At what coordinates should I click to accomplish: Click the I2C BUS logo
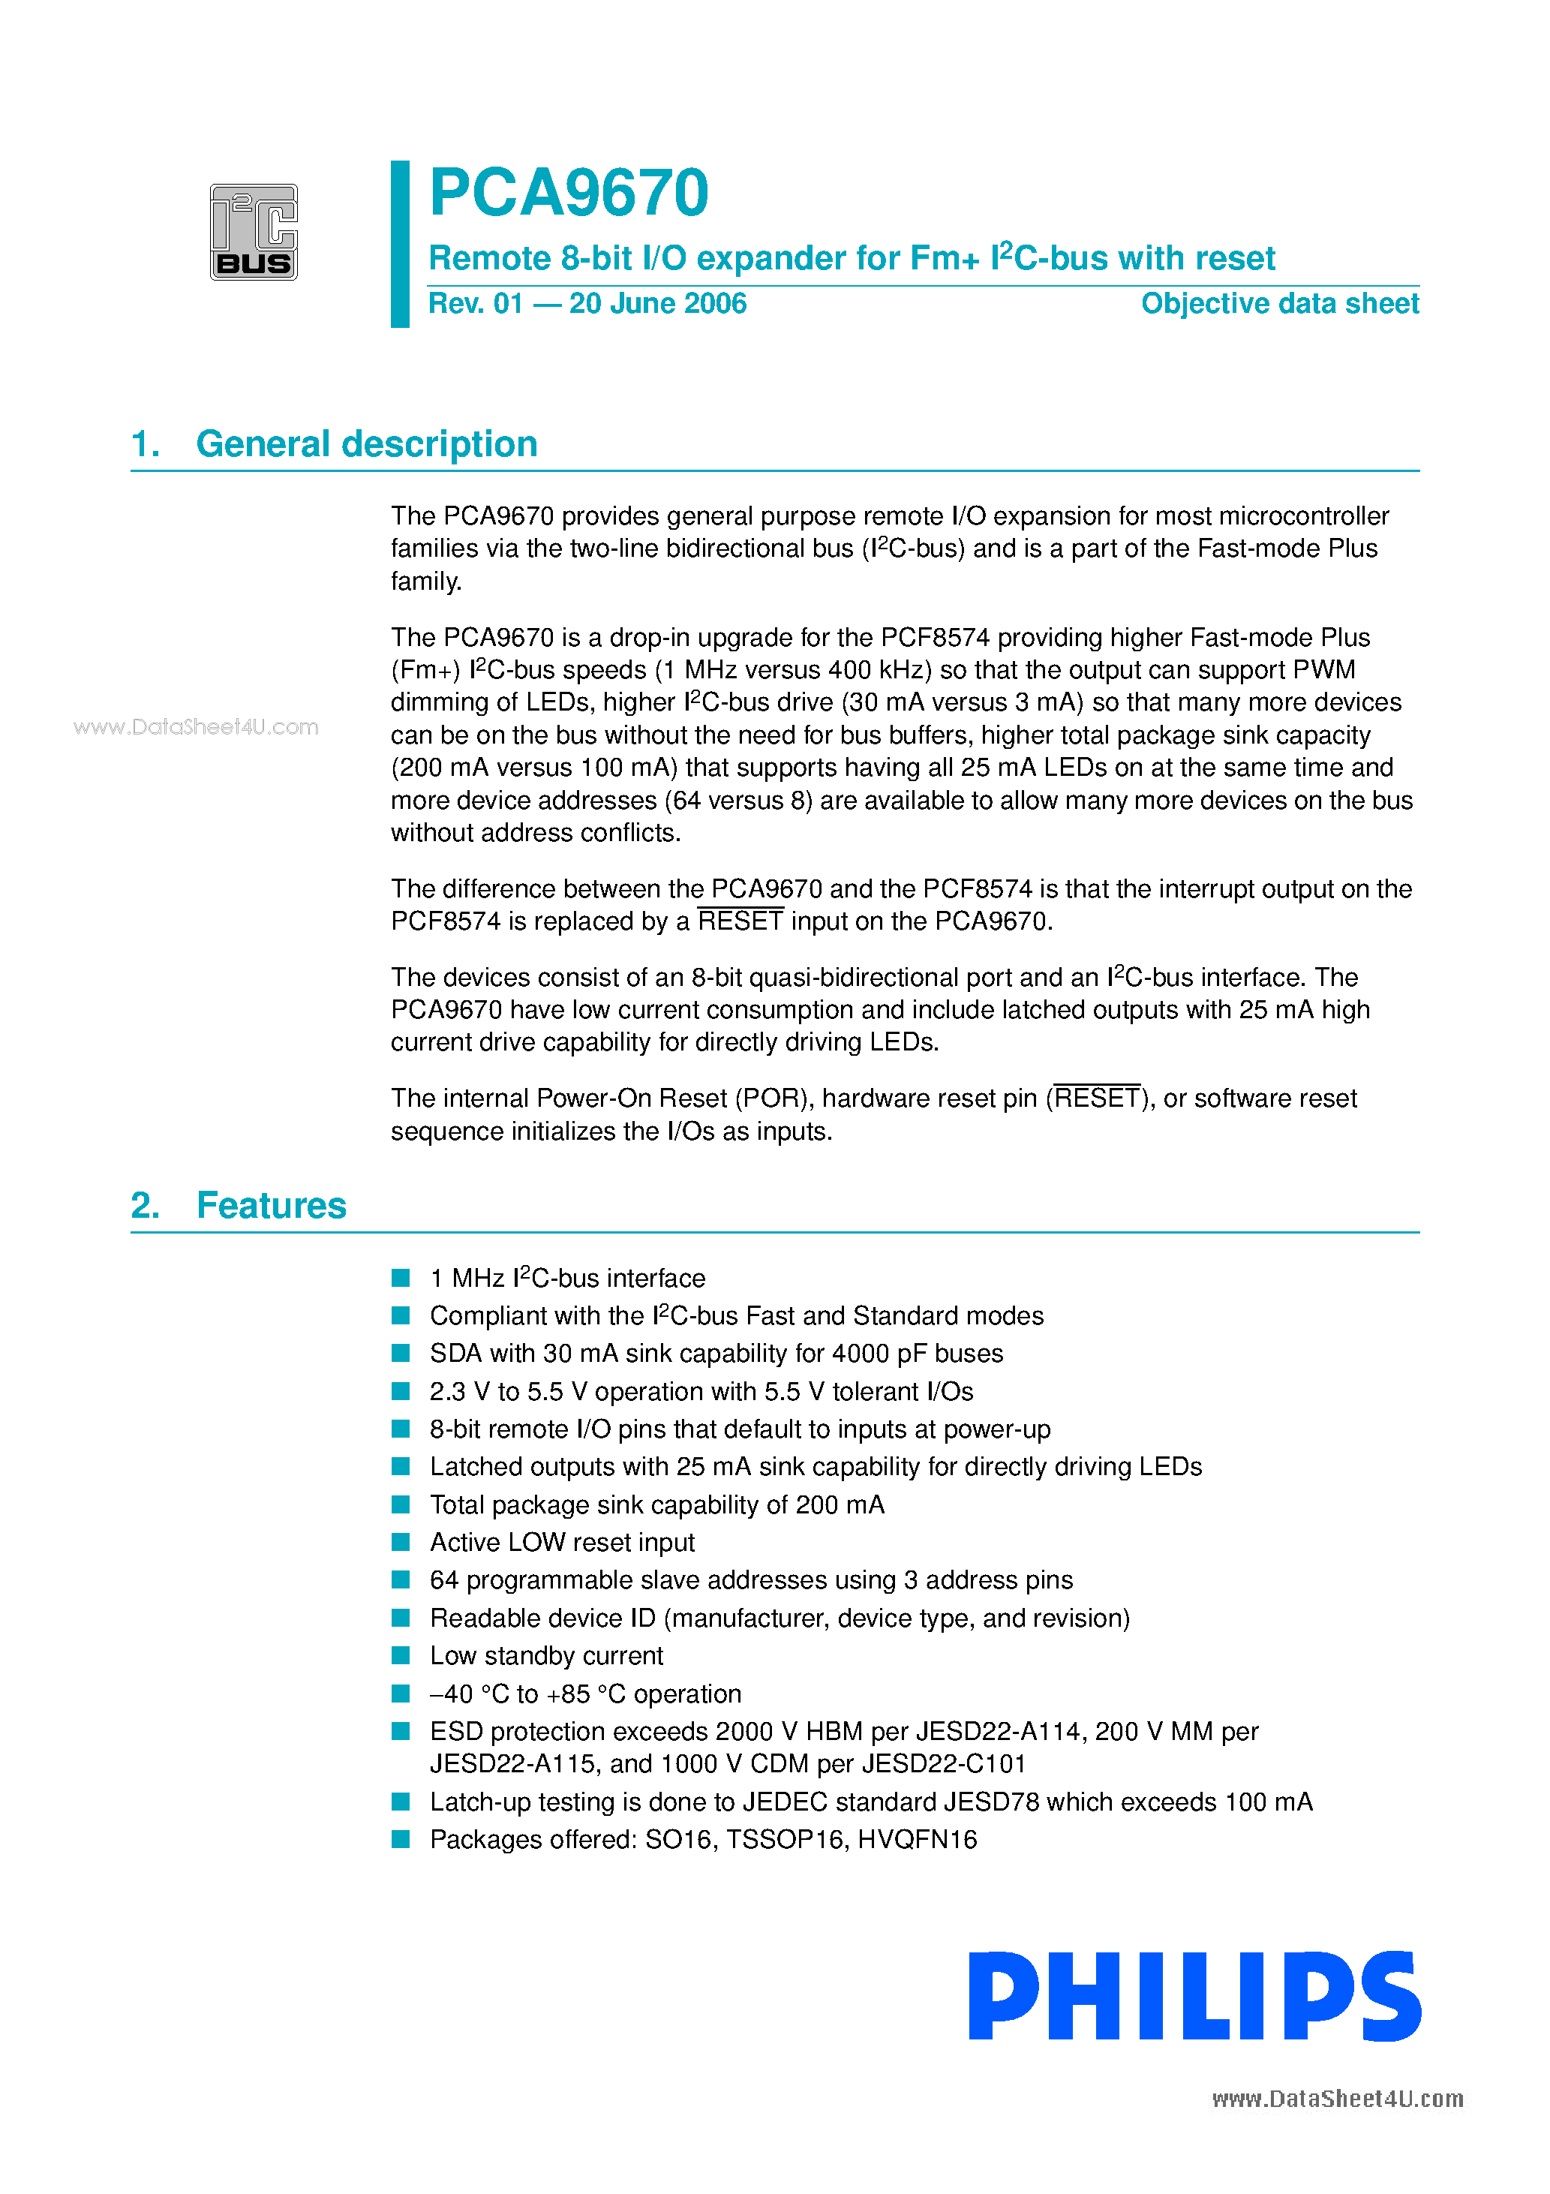pyautogui.click(x=254, y=232)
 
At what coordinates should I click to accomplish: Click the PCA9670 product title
pyautogui.click(x=569, y=193)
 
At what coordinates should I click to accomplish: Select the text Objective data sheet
pyautogui.click(x=1280, y=304)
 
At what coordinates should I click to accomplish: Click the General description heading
pyautogui.click(x=366, y=444)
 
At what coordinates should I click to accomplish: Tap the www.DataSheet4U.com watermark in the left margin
pyautogui.click(x=196, y=727)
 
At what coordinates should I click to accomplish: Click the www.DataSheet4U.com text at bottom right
pyautogui.click(x=1337, y=2099)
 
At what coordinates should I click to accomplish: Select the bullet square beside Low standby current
pyautogui.click(x=401, y=1655)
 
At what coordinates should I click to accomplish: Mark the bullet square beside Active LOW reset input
pyautogui.click(x=401, y=1542)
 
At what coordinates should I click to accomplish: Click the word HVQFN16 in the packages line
pyautogui.click(x=917, y=1840)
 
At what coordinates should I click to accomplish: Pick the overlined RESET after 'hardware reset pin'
pyautogui.click(x=1097, y=1099)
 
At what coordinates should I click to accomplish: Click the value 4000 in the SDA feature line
pyautogui.click(x=861, y=1354)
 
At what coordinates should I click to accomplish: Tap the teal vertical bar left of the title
pyautogui.click(x=401, y=244)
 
